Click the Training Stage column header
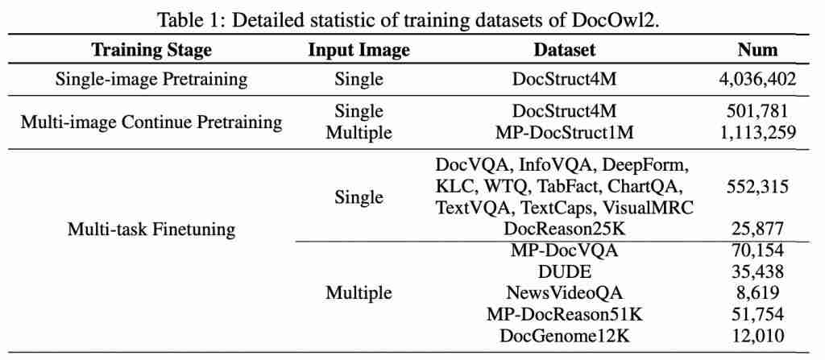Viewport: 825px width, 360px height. point(151,50)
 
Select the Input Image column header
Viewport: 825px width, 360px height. point(359,50)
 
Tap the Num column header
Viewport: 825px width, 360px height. point(757,50)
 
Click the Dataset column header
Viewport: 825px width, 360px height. point(564,50)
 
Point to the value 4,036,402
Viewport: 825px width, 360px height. point(757,79)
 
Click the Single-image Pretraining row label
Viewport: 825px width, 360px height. point(151,79)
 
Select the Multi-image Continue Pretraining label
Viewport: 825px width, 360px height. point(151,122)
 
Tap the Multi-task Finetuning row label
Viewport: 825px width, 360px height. point(151,230)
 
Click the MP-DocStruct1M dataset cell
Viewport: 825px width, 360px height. point(564,132)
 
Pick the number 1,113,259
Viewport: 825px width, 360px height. point(757,132)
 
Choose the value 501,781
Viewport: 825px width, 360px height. point(757,111)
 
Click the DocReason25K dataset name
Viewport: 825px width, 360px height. point(564,230)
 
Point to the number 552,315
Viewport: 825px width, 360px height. point(757,187)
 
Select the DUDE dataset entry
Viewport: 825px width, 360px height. point(564,271)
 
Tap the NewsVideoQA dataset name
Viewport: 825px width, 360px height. point(564,292)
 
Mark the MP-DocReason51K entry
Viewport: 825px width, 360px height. point(564,314)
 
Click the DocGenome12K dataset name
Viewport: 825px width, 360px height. point(564,335)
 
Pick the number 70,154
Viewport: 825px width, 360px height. point(757,250)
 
